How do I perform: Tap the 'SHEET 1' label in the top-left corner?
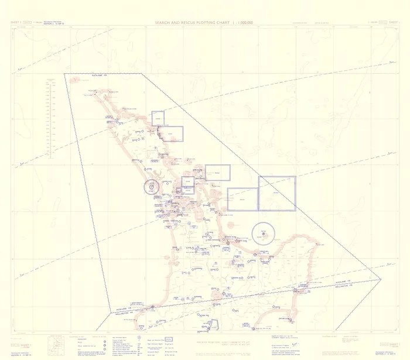click(x=16, y=23)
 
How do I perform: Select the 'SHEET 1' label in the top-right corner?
click(x=394, y=23)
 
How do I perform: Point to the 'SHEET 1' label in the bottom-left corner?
click(x=16, y=338)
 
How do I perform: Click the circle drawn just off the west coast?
click(x=151, y=187)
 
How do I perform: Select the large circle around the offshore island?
click(x=264, y=234)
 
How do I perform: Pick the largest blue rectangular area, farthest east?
click(x=277, y=193)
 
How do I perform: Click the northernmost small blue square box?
click(x=158, y=118)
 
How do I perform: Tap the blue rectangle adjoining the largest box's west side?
click(x=243, y=199)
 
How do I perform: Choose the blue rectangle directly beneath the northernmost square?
click(x=170, y=134)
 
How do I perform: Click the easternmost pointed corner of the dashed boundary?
click(x=381, y=279)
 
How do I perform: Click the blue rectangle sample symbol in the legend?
click(x=169, y=339)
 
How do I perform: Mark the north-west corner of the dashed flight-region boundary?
click(x=64, y=74)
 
